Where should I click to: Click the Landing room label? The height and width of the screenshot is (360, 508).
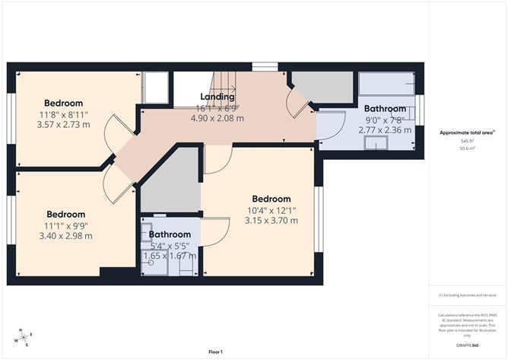[x=217, y=97]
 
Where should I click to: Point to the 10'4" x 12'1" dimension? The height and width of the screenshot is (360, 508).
[x=271, y=210]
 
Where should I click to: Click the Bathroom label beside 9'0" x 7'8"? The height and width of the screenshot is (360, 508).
[x=385, y=109]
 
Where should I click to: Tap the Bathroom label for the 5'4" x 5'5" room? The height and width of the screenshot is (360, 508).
[x=170, y=234]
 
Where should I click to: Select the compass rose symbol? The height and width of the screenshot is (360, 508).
[x=25, y=337]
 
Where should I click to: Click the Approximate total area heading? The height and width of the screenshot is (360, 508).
[x=467, y=132]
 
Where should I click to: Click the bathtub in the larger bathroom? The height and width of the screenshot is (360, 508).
[x=386, y=83]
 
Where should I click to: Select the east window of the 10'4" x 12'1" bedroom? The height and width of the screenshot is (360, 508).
[x=317, y=217]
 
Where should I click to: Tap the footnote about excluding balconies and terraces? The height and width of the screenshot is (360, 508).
[x=467, y=294]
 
